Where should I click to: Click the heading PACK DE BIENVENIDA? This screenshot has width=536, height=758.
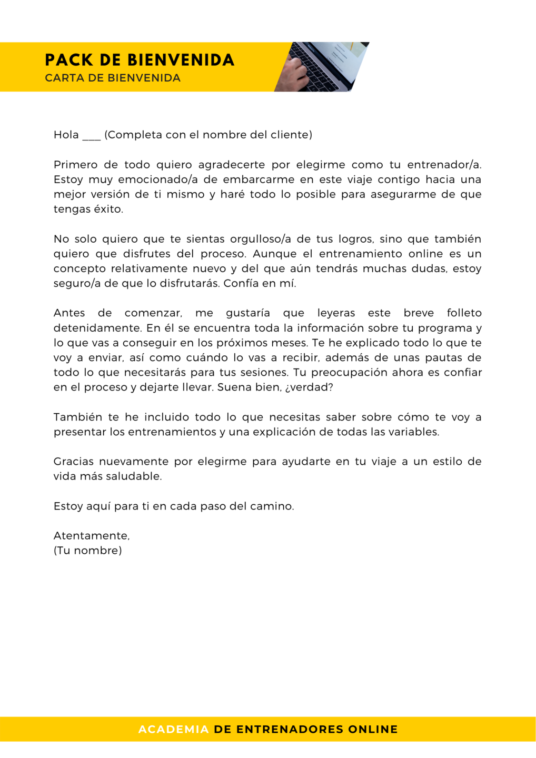[140, 60]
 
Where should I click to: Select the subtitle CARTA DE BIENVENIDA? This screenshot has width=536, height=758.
[113, 78]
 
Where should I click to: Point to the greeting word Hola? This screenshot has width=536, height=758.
[66, 135]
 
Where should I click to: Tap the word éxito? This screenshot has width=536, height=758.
[108, 209]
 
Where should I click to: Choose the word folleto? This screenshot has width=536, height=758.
[464, 313]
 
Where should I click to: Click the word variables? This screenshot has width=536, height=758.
[417, 432]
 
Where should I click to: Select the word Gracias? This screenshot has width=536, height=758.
[74, 461]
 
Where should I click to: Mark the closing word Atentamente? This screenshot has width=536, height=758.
[91, 535]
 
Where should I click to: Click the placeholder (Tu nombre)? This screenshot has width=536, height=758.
[87, 551]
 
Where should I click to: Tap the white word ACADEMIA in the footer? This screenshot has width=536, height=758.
[173, 729]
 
